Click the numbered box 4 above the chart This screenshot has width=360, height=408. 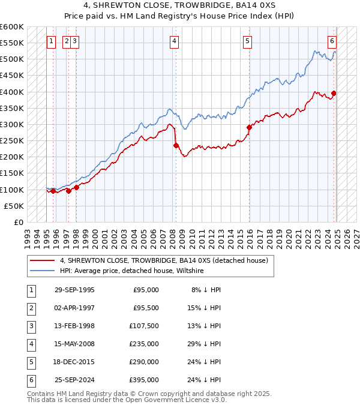coord(174,41)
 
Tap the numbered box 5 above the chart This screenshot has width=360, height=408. coord(247,41)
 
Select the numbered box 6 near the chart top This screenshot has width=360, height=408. coord(332,41)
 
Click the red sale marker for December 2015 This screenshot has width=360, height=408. coord(249,127)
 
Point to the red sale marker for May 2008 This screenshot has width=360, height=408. coord(176,145)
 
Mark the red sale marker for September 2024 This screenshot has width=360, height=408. coord(334,93)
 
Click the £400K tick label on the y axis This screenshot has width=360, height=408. coord(11,92)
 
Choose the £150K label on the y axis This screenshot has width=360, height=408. coord(11,173)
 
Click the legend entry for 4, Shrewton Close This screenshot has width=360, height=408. coord(167,260)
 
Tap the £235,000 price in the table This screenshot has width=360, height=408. coord(145,344)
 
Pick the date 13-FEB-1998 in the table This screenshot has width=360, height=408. coord(74,326)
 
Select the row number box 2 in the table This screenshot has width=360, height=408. coord(31,308)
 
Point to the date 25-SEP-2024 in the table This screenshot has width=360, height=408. coord(74,380)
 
